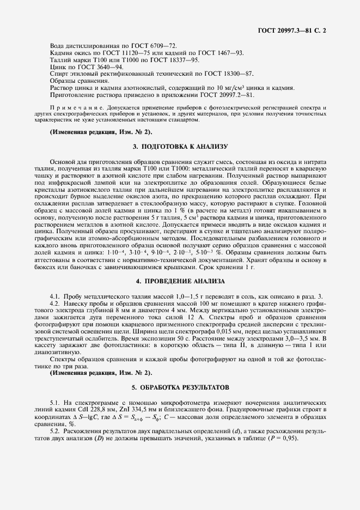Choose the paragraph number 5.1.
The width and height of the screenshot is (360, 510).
tap(54, 400)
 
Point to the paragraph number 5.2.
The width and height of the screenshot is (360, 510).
tap(54, 430)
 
